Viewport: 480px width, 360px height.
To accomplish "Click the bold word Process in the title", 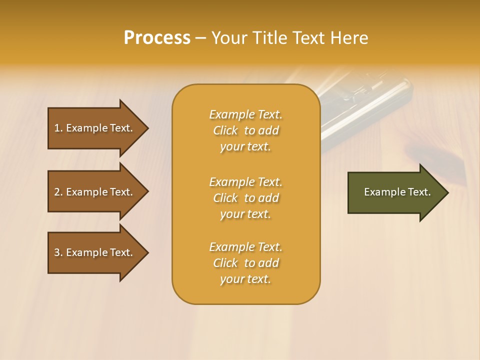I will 157,38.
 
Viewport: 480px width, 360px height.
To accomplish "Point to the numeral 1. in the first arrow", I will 58,128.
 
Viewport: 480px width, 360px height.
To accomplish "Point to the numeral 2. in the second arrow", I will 58,192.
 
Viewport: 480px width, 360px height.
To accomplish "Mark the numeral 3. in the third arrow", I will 58,252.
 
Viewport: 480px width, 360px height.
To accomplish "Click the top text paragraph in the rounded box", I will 245,130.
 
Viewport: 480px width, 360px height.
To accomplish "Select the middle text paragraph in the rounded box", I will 245,198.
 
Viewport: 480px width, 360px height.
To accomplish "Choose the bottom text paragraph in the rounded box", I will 245,263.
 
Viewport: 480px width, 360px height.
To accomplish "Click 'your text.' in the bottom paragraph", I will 245,279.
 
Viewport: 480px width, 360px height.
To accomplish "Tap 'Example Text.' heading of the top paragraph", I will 245,114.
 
